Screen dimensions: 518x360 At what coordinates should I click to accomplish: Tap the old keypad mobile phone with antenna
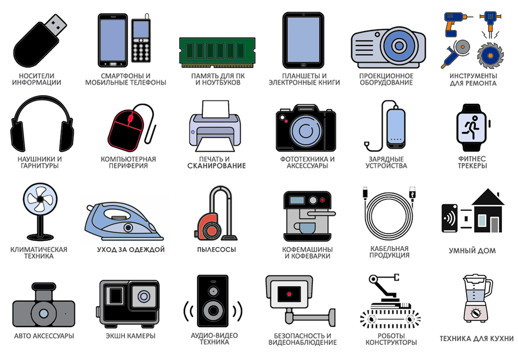[141, 39]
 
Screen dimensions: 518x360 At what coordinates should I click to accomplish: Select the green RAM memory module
[217, 52]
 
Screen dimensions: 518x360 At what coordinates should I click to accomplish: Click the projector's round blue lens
[399, 45]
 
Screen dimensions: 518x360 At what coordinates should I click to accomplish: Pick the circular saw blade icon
[490, 55]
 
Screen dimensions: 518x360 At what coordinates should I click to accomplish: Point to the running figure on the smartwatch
[472, 127]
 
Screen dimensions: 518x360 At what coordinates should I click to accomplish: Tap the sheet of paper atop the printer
[215, 109]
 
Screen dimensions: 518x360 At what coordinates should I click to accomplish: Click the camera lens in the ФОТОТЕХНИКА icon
[305, 130]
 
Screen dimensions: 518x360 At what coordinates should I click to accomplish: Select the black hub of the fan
[40, 199]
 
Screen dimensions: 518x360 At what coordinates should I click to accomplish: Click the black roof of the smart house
[488, 197]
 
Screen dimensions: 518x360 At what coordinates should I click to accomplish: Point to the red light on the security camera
[289, 294]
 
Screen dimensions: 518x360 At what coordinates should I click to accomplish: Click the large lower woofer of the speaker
[213, 311]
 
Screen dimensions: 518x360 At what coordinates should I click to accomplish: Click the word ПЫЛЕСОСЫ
[217, 249]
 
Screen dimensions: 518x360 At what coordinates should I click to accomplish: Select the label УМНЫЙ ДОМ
[472, 251]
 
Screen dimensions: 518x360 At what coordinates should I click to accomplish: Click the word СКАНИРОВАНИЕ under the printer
[217, 166]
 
